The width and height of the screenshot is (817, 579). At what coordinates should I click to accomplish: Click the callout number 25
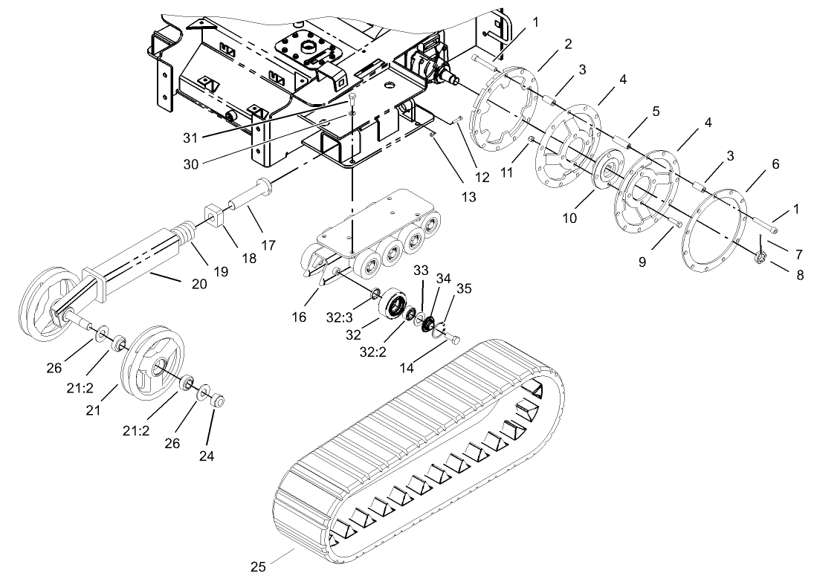pos(257,567)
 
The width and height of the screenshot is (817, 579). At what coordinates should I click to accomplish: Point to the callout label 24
pos(206,456)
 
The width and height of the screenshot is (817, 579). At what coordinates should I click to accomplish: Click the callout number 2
pos(567,44)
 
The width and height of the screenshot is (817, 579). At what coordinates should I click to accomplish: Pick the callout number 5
pos(656,111)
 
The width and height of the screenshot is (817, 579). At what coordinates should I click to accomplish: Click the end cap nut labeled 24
pos(219,402)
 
